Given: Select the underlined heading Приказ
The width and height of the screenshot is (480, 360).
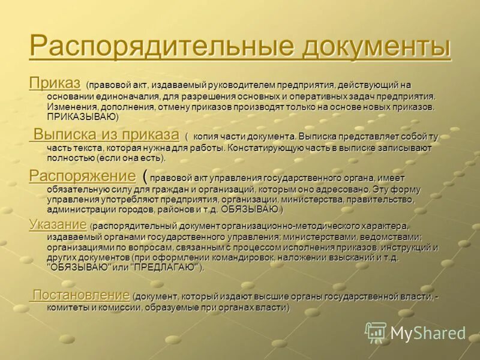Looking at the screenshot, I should point(55,83).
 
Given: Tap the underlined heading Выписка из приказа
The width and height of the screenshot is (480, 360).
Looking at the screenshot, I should point(106,134).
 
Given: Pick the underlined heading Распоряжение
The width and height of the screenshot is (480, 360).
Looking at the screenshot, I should point(82,176).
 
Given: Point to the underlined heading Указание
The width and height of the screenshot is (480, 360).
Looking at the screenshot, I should point(58,225).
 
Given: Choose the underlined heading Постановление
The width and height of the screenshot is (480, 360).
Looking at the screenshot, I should point(81,295).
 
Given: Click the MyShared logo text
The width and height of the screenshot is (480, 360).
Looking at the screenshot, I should point(428,333).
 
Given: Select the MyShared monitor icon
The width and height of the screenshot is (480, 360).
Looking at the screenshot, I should point(376,332).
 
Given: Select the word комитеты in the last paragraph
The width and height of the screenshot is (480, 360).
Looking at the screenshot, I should point(69,307).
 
